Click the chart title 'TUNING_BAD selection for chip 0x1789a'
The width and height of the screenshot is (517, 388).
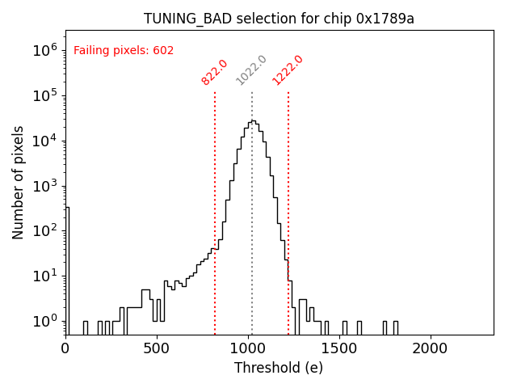click(x=279, y=19)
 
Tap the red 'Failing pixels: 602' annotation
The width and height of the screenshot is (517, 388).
click(x=124, y=50)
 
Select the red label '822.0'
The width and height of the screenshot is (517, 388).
click(x=215, y=72)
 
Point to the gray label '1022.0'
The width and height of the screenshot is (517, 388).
click(x=251, y=70)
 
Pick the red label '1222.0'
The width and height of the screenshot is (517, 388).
click(x=288, y=70)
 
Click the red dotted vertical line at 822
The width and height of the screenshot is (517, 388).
click(x=215, y=210)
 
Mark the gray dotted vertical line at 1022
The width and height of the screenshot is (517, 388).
click(x=251, y=226)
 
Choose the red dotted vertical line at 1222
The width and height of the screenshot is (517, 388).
click(x=288, y=210)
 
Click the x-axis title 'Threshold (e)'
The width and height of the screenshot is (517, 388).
click(x=279, y=368)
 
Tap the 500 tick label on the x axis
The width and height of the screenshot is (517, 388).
click(x=157, y=348)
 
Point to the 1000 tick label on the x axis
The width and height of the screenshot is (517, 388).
click(x=248, y=348)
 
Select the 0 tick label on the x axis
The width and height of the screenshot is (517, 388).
click(x=65, y=348)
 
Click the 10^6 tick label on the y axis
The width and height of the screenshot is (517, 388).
click(x=45, y=50)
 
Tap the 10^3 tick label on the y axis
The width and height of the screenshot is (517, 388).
click(x=45, y=186)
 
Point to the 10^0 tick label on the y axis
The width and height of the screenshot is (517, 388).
click(x=45, y=322)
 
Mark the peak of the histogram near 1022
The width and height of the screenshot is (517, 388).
click(x=253, y=121)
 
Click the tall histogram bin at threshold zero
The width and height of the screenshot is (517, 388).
click(x=67, y=267)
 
